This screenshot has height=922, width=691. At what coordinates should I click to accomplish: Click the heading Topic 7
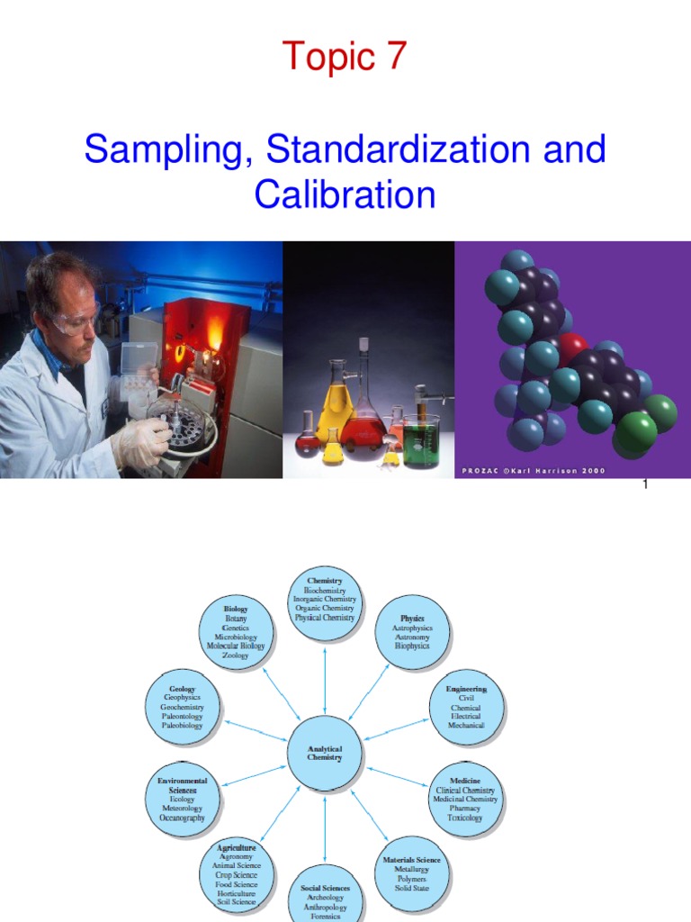pos(345,57)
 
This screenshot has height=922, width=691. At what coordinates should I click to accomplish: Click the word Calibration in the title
pos(345,194)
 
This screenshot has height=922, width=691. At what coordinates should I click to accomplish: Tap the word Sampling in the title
pos(162,149)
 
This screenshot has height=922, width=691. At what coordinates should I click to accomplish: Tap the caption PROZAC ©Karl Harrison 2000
pos(534,470)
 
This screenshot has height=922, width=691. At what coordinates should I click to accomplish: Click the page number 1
pos(644,485)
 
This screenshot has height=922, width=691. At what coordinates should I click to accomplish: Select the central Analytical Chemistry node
pos(324,753)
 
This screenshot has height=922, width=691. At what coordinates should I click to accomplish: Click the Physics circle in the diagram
pos(412,632)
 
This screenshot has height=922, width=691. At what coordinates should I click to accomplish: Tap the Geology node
pos(182,707)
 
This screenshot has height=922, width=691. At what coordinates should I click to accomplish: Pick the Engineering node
pos(466,707)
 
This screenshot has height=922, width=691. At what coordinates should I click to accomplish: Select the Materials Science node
pos(411,872)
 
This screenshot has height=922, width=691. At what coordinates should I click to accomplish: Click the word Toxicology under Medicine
pos(465,818)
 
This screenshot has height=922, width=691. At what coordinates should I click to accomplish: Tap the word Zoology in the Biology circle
pos(236,655)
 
